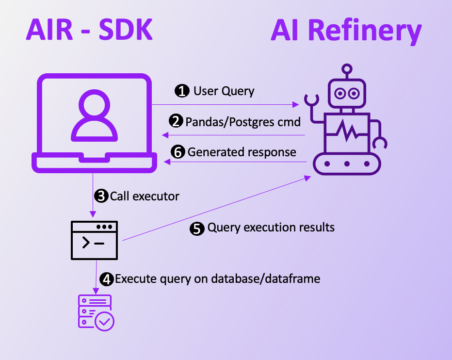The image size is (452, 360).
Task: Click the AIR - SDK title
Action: tap(89, 30)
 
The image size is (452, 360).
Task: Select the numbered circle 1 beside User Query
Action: tap(182, 91)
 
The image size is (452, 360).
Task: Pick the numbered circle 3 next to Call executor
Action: tap(101, 196)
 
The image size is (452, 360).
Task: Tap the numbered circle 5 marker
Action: tap(197, 229)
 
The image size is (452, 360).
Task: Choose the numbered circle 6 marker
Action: tap(178, 152)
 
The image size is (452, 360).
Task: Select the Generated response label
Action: tap(242, 152)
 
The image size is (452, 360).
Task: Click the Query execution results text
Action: tap(271, 228)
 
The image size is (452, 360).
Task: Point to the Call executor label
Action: tap(145, 196)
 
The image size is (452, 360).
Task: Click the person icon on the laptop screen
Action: tap(94, 116)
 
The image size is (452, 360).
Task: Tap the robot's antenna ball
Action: tap(346, 68)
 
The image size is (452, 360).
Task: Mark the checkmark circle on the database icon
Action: tap(105, 321)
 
